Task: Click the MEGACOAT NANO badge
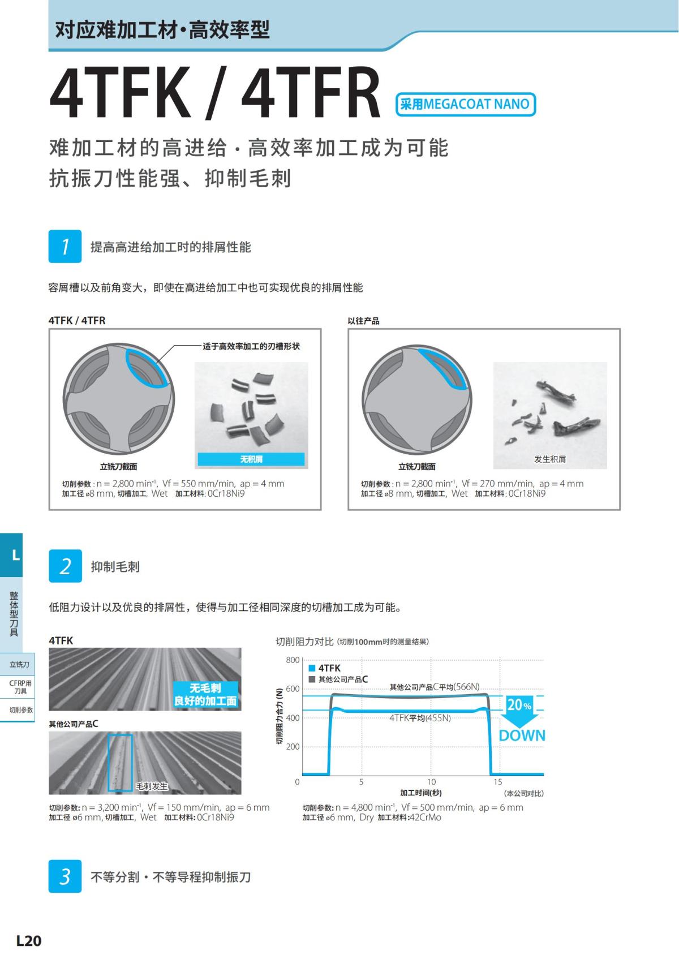click(465, 104)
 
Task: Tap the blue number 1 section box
click(65, 247)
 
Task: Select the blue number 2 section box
click(65, 566)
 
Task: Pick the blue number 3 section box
click(65, 876)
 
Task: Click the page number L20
click(28, 941)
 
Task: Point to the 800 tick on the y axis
click(293, 660)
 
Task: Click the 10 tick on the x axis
click(431, 782)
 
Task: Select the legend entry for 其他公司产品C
click(338, 679)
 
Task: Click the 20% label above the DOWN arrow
click(519, 705)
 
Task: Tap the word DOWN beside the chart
click(522, 735)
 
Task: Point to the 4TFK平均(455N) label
click(420, 718)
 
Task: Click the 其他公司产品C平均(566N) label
click(434, 687)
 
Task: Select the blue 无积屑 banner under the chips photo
click(251, 459)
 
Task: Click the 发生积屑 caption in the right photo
click(550, 459)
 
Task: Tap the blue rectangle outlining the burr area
click(120, 763)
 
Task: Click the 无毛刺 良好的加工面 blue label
click(205, 695)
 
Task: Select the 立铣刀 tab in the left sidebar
click(19, 664)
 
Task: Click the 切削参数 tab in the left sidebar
click(21, 710)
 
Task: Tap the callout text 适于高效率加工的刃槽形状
click(251, 346)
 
